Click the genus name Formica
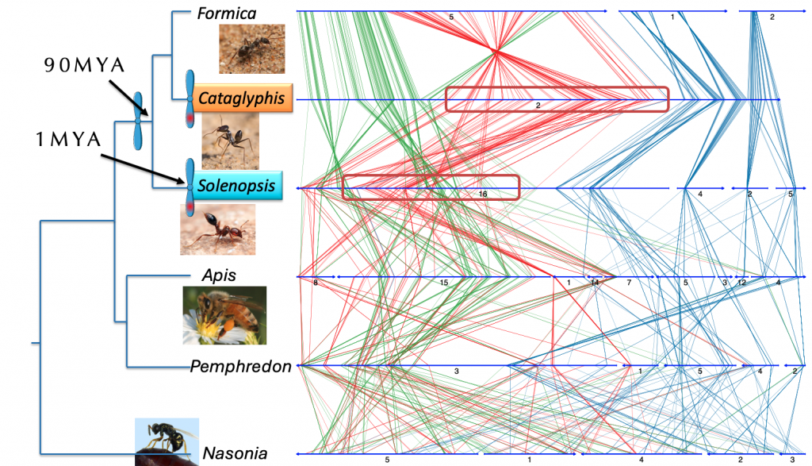coord(226,13)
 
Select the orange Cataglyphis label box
coord(241,98)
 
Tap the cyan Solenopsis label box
coord(236,186)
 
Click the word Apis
coord(219,275)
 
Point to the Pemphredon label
coord(241,367)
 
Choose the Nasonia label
coord(235,453)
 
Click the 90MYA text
coord(84,65)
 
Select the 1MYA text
coord(68,140)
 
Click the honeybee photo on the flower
coord(224,315)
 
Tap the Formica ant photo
coord(251,48)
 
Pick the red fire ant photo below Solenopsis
coord(217,229)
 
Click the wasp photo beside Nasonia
coord(167,441)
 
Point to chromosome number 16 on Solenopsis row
coord(483,194)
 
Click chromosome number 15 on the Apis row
coord(444,283)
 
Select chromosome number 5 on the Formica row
coord(451,17)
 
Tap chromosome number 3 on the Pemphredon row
coord(456,372)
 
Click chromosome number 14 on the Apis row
coord(595,283)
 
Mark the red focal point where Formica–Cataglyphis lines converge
coord(496,51)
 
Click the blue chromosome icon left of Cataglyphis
coord(190,98)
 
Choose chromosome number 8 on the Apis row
coord(316,283)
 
